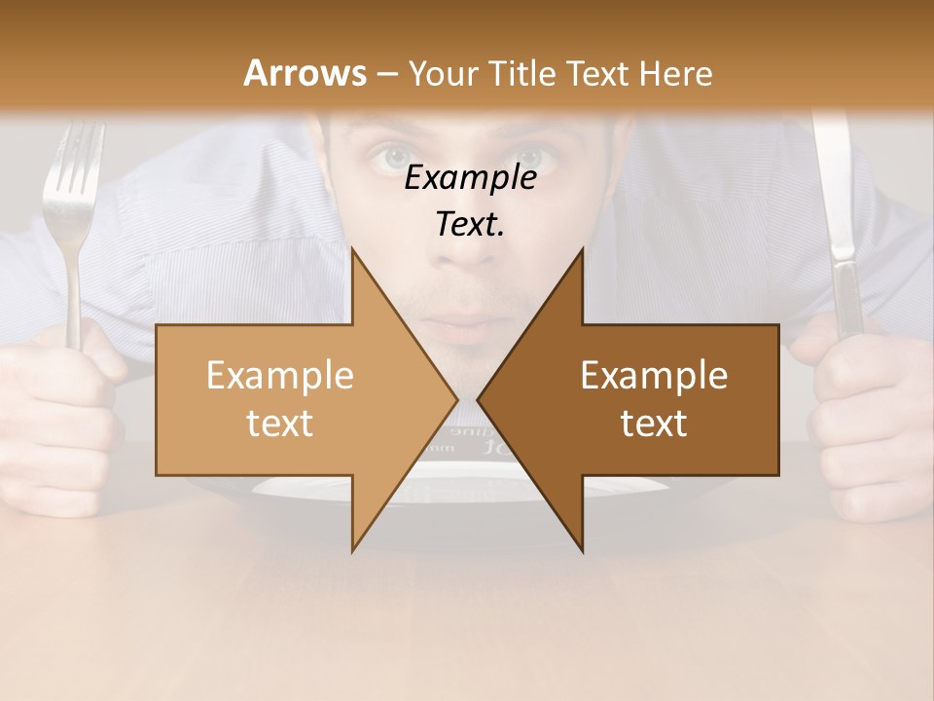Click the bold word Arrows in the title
click(305, 73)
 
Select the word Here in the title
click(676, 73)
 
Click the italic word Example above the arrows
click(470, 178)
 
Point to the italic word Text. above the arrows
click(470, 224)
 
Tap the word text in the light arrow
click(279, 424)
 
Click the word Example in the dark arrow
click(654, 376)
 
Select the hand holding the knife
click(866, 409)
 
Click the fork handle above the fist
click(74, 292)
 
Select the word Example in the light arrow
click(279, 376)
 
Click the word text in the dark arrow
click(654, 424)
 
